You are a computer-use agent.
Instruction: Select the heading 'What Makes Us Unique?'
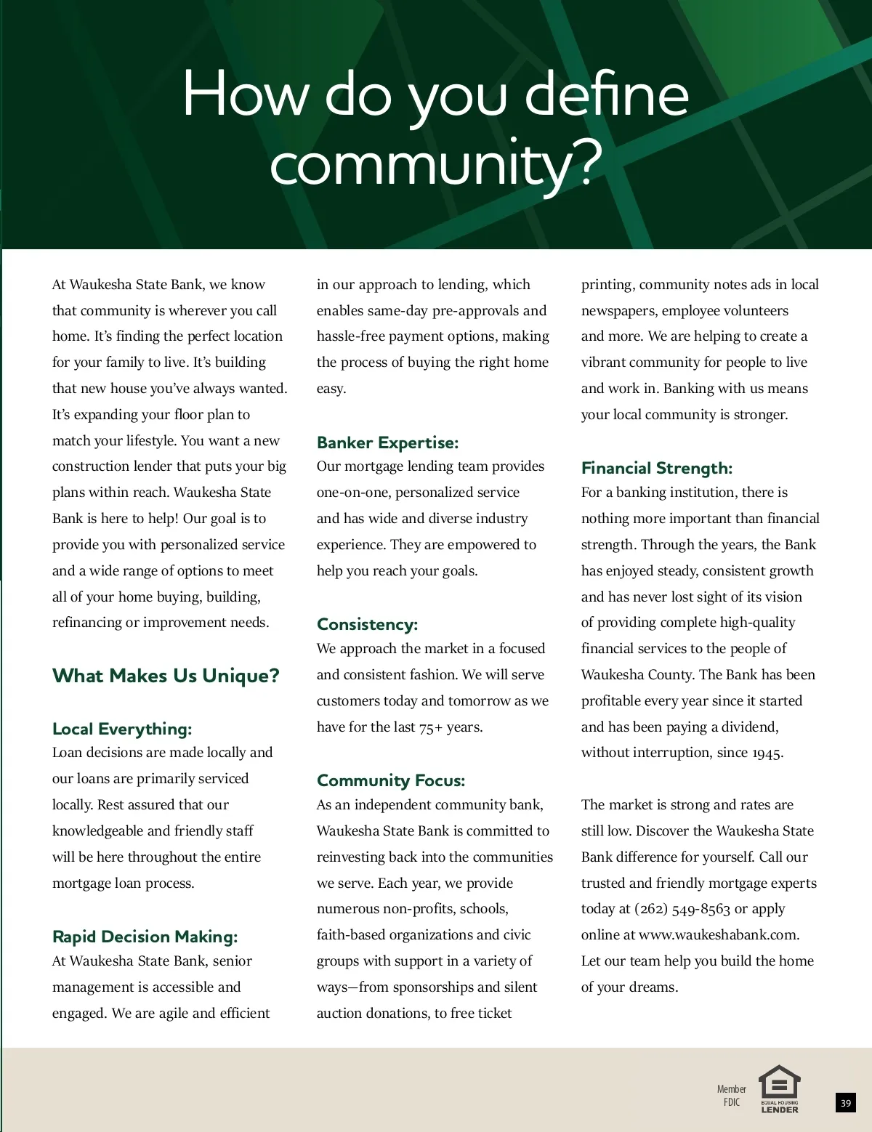point(166,676)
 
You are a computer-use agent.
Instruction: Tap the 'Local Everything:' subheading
point(122,729)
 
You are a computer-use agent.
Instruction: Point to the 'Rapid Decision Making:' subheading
point(145,937)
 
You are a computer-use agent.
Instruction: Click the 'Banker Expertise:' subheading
point(387,442)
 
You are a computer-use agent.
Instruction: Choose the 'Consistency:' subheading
point(367,624)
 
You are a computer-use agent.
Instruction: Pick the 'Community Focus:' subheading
point(390,780)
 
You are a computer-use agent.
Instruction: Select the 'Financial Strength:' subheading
point(656,468)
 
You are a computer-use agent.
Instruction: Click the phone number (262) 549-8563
point(682,909)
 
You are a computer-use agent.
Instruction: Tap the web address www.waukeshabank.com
point(718,935)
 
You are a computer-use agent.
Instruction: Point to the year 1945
point(767,753)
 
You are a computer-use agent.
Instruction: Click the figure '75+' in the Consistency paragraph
point(431,727)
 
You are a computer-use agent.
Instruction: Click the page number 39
point(845,1103)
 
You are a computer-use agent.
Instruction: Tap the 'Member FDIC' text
point(731,1095)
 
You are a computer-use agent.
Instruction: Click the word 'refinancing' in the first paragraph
point(87,623)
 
